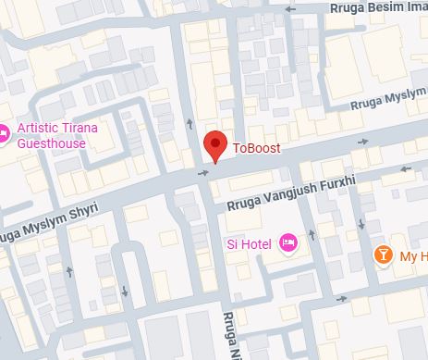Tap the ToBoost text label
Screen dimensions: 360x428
pos(255,148)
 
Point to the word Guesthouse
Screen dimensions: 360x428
pos(52,143)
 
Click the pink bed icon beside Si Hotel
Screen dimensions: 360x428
pos(287,242)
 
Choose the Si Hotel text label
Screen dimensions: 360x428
pos(251,243)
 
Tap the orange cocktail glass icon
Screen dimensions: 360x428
pos(381,254)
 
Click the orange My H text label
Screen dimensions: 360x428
pos(410,255)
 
